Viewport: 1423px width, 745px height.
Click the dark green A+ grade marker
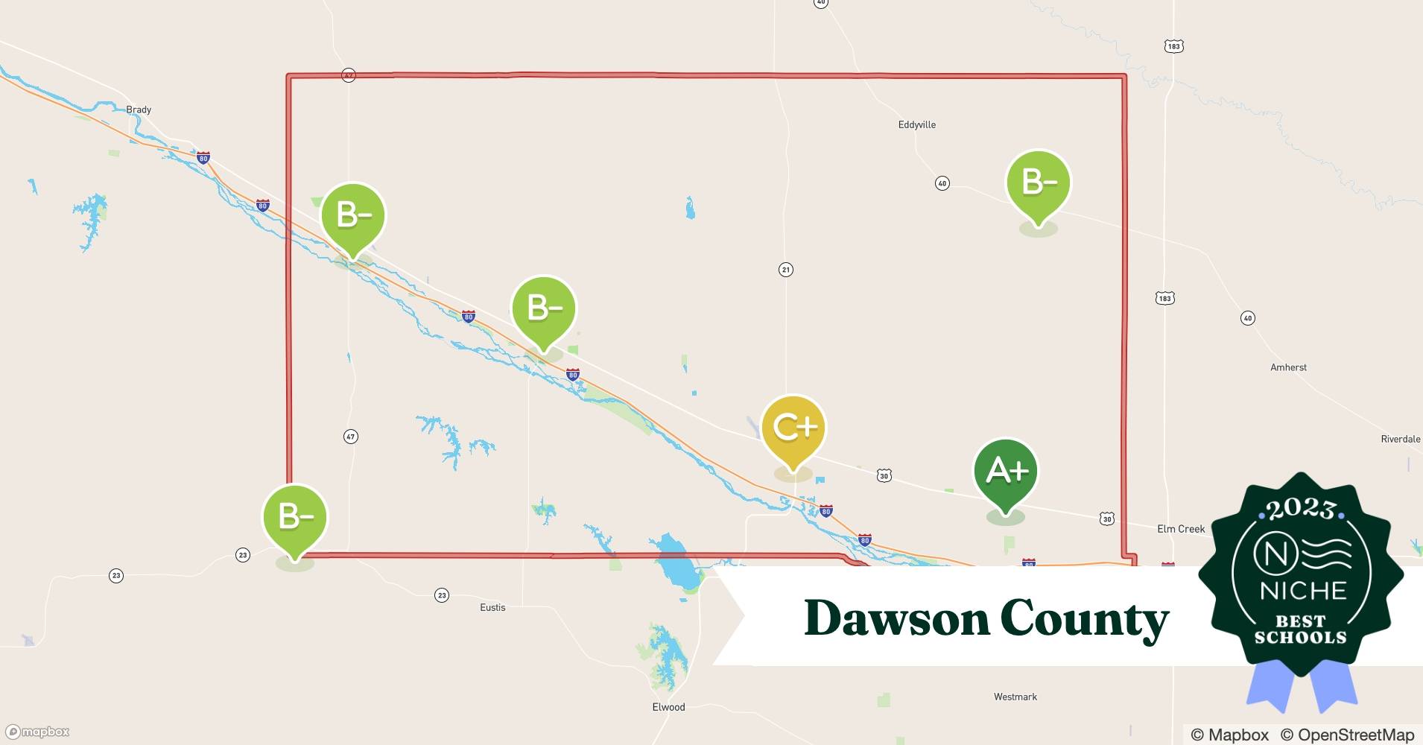[x=1006, y=472]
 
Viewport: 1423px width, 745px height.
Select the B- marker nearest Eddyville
[x=1038, y=183]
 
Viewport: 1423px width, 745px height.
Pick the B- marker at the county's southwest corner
[x=295, y=517]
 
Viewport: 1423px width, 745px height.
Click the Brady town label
[x=139, y=110]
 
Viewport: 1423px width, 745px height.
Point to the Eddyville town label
[x=916, y=124]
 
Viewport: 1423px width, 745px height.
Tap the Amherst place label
[x=1288, y=367]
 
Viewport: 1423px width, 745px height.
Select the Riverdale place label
[x=1400, y=439]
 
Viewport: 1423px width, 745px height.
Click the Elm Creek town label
[x=1180, y=529]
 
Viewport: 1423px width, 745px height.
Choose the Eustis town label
[x=492, y=607]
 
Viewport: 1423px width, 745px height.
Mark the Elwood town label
[x=668, y=707]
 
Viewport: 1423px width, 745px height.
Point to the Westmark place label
[x=1015, y=697]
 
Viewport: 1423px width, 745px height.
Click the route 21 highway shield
[x=785, y=270]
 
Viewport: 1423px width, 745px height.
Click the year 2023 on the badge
[x=1300, y=509]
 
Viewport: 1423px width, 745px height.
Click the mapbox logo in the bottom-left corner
[x=38, y=732]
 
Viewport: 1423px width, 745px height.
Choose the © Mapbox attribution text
[x=1229, y=735]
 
